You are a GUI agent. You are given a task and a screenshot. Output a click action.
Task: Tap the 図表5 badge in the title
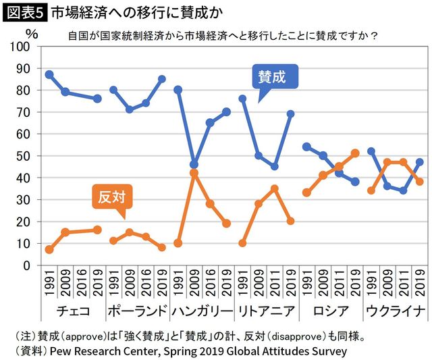point(25,11)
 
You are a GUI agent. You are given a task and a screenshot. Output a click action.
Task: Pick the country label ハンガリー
point(201,311)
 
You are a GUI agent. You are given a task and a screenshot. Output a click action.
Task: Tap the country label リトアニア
point(266,311)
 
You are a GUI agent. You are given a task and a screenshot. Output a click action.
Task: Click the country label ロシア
point(331,311)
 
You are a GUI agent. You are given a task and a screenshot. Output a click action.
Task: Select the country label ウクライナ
point(396,311)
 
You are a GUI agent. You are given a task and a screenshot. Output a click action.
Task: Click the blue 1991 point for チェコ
point(49,74)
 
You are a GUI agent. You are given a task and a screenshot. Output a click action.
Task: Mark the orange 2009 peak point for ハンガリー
point(194,173)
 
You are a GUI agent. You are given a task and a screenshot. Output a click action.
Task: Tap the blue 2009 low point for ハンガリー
point(194,164)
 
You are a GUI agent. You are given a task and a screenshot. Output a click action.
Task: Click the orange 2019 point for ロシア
point(355,153)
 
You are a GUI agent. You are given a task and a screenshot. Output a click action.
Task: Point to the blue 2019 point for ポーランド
point(162,79)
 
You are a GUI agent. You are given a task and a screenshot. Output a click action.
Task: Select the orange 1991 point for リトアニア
point(242,243)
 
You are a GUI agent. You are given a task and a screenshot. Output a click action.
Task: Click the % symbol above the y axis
point(30,32)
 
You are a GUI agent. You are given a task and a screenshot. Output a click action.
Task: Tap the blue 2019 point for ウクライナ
point(420,162)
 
